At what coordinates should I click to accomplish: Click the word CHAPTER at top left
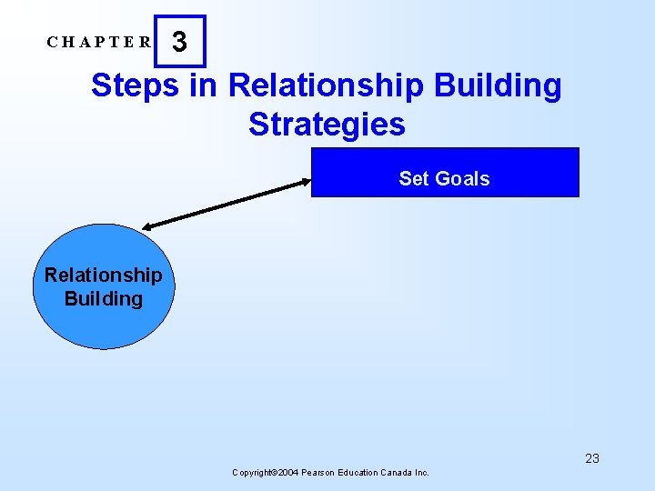(x=100, y=42)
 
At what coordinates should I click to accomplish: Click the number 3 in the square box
(x=180, y=42)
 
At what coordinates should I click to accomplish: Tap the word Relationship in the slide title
(x=326, y=85)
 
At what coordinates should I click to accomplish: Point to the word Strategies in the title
(x=327, y=124)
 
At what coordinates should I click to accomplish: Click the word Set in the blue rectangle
(x=412, y=179)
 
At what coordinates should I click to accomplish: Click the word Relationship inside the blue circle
(x=103, y=275)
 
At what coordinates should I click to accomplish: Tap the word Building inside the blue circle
(x=103, y=298)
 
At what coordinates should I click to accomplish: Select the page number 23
(x=592, y=458)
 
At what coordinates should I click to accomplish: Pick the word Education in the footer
(x=364, y=473)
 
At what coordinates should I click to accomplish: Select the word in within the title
(x=204, y=85)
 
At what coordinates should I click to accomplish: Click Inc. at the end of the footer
(x=422, y=473)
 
